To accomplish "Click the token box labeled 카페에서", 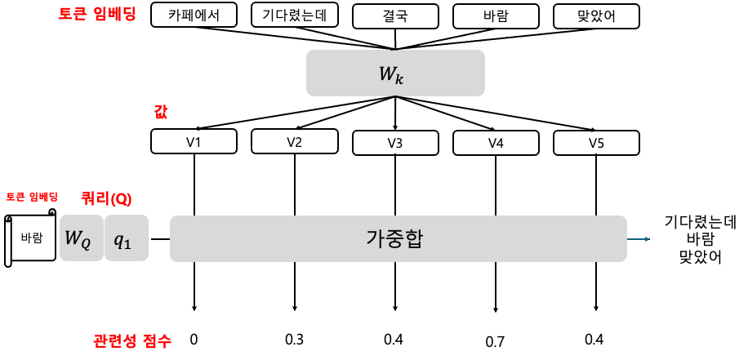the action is [194, 15].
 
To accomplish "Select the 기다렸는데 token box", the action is [294, 15].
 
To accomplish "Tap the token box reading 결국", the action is [395, 16].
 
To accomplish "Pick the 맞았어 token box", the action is [596, 16].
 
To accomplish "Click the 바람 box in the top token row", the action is [496, 16].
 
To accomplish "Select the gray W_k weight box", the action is [395, 73].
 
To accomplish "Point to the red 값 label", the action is [161, 112].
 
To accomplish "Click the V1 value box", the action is [194, 141].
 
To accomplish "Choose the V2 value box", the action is [294, 141].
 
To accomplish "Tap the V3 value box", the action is [395, 143].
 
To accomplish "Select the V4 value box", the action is [496, 143].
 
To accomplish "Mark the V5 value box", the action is [596, 143].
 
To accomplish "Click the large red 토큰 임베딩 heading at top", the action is [97, 14].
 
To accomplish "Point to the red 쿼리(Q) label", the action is [106, 198].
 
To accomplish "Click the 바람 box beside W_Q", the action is [33, 238].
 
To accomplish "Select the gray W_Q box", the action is [82, 238].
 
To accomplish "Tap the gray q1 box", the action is [127, 238].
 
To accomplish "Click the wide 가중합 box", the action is [398, 238].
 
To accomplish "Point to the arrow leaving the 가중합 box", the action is [639, 239].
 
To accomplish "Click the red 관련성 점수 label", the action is [132, 340].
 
